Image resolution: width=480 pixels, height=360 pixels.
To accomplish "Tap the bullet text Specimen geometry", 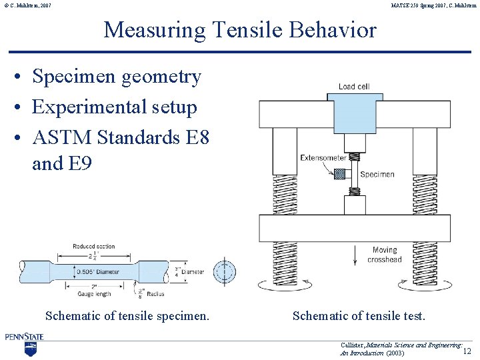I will coord(116,77).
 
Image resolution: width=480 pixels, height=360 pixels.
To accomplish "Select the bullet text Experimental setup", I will coord(114,107).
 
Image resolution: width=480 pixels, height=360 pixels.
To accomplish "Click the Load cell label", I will coord(354,87).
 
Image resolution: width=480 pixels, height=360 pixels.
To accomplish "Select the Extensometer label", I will coord(323,158).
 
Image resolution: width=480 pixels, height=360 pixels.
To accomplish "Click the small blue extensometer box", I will coord(340,174).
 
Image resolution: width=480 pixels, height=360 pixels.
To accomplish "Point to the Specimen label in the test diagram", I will coord(377,175).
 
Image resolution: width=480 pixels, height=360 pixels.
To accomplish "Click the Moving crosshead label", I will coord(385,255).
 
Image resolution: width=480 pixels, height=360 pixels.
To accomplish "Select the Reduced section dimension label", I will coord(94,247).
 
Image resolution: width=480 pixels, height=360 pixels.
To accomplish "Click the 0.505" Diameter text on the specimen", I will coord(98,271).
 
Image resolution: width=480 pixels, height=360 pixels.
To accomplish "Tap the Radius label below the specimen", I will coord(153,293).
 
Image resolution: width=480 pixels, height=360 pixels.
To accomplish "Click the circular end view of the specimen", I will coord(225,272).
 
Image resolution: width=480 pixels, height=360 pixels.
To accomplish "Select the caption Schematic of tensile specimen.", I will coord(127,316).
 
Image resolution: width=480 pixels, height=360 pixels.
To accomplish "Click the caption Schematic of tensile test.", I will coord(359,316).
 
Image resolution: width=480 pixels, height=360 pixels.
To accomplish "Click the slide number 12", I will coord(467,351).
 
